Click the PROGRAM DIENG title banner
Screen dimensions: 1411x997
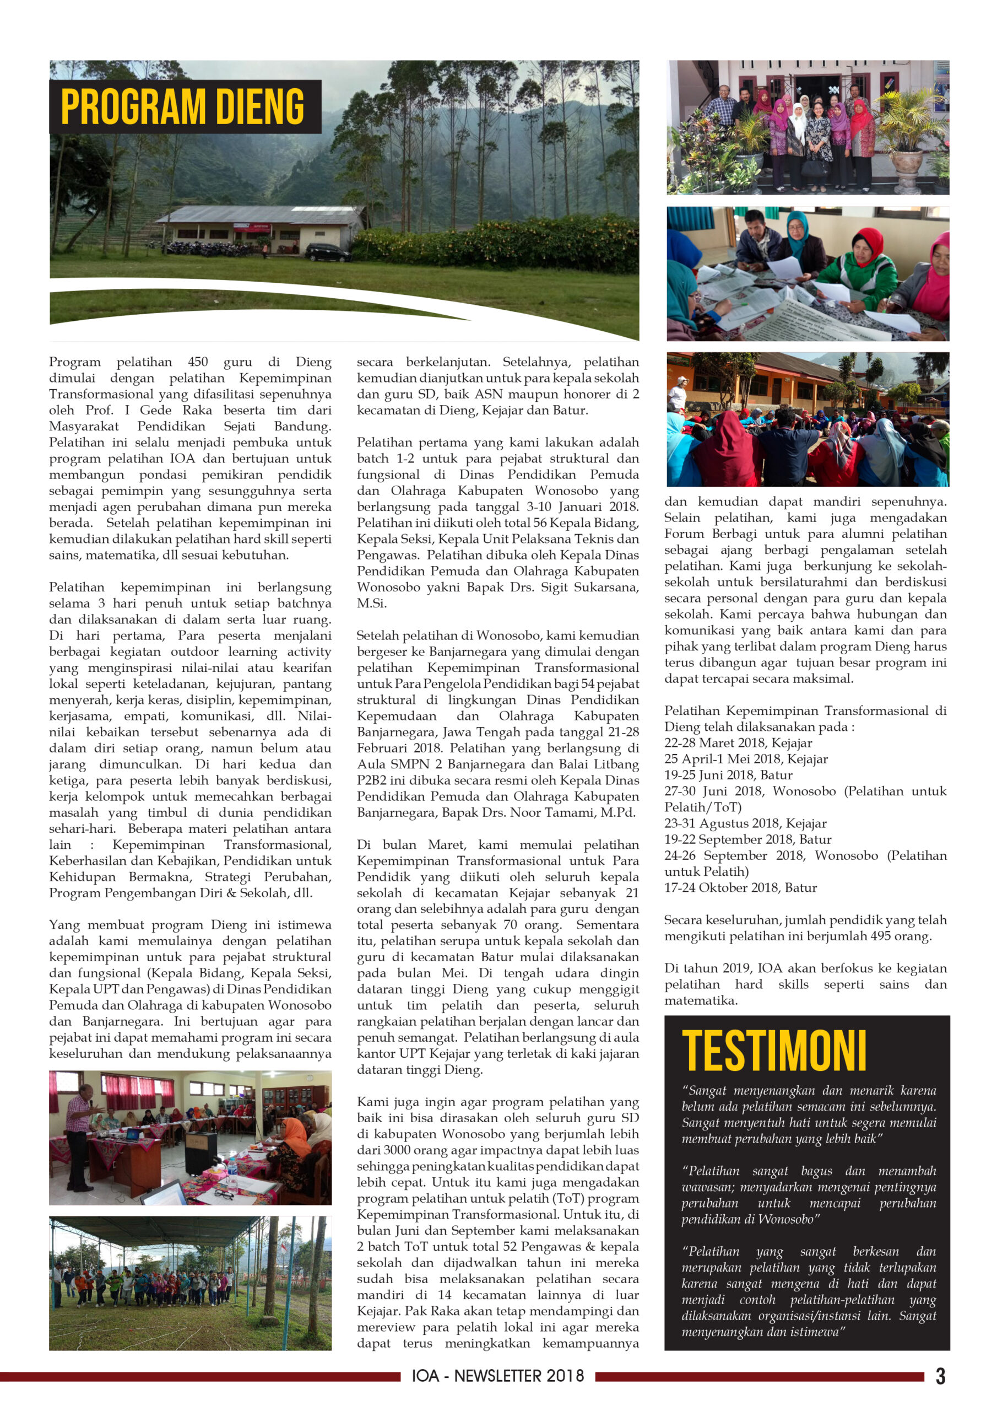[185, 106]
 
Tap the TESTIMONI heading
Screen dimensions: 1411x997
[773, 1052]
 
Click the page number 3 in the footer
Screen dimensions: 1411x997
[940, 1376]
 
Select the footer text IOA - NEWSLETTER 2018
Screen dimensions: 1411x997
[497, 1376]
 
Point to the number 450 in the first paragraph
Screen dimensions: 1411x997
[198, 362]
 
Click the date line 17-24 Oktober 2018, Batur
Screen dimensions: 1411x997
[740, 887]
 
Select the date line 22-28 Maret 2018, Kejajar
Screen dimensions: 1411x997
[738, 743]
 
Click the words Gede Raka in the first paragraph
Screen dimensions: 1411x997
[176, 410]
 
